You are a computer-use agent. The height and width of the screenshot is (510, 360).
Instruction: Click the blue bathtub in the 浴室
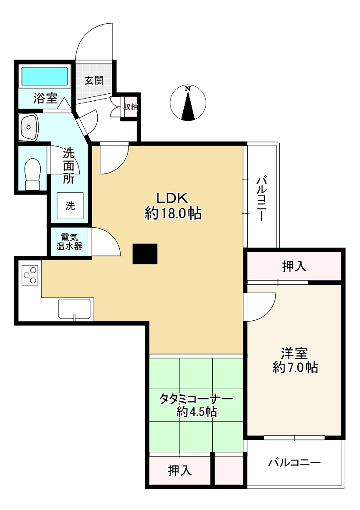(45, 76)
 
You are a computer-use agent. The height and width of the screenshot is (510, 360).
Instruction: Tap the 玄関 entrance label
(94, 80)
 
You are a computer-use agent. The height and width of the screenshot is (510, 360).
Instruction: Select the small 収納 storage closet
(131, 106)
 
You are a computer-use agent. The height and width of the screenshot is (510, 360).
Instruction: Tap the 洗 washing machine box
(70, 205)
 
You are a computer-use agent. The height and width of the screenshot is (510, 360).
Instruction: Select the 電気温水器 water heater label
(69, 242)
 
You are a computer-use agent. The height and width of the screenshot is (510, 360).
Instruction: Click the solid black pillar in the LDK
(145, 254)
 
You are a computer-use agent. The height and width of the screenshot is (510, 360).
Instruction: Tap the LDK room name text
(172, 198)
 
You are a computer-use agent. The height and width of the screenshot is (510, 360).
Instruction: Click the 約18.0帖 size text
(173, 213)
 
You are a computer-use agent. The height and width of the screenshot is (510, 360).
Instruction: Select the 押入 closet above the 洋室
(294, 266)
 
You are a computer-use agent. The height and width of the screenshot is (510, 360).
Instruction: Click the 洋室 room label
(295, 353)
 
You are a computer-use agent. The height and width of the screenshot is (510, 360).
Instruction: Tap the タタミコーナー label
(196, 399)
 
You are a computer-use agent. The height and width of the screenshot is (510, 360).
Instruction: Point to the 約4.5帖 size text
(196, 412)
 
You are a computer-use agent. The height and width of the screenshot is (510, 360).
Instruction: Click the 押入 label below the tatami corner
(180, 470)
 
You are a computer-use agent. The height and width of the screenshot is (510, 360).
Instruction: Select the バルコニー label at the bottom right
(295, 462)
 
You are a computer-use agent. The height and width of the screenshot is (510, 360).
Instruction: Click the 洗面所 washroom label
(69, 166)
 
